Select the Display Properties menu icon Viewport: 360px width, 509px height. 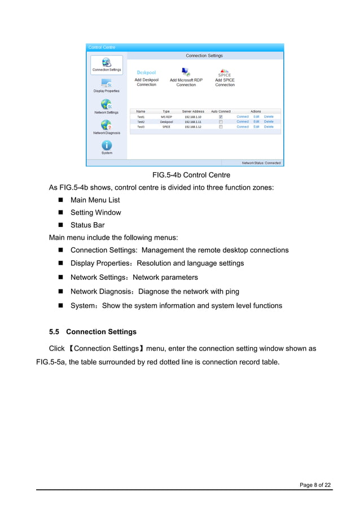pyautogui.click(x=106, y=83)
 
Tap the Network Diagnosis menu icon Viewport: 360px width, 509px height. pyautogui.click(x=106, y=125)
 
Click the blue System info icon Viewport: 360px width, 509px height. pyautogui.click(x=106, y=145)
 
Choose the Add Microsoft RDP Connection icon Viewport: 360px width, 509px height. pyautogui.click(x=186, y=72)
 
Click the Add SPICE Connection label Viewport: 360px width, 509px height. pyautogui.click(x=225, y=82)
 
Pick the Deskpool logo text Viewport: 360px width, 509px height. pyautogui.click(x=146, y=73)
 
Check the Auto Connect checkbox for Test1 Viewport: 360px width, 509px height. pyautogui.click(x=221, y=117)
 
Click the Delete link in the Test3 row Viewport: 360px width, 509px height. pyautogui.click(x=269, y=127)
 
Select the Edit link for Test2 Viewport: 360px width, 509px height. pyautogui.click(x=256, y=122)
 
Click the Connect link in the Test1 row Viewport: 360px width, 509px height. pyautogui.click(x=242, y=117)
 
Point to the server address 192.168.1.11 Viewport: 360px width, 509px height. pyautogui.click(x=192, y=122)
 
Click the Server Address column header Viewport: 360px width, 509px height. pyautogui.click(x=193, y=111)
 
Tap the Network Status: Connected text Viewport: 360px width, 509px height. pyautogui.click(x=261, y=163)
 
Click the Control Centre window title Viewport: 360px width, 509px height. pyautogui.click(x=102, y=47)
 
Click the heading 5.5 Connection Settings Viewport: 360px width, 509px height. pyautogui.click(x=93, y=332)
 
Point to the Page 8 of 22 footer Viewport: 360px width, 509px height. pyautogui.click(x=315, y=485)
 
